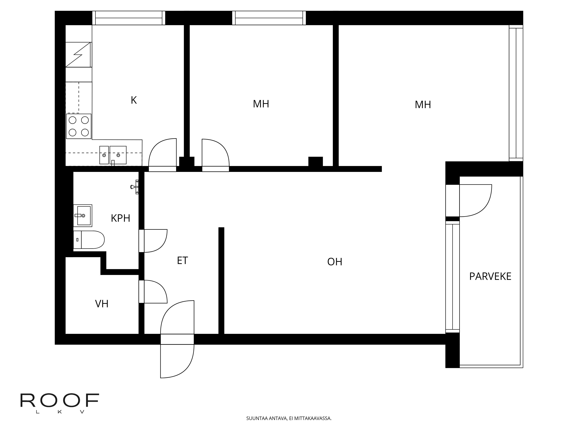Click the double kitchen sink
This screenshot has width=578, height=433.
[x=113, y=155]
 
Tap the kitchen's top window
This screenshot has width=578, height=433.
[x=129, y=18]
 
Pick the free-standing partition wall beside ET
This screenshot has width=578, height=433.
[x=221, y=281]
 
